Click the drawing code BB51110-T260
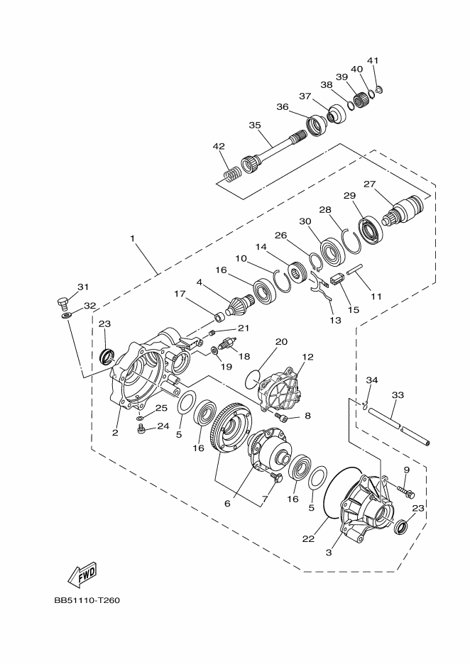(87, 600)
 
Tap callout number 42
(219, 146)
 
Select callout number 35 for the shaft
(255, 125)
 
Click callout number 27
(369, 184)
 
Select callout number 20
(281, 341)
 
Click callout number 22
(307, 539)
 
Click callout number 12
(307, 357)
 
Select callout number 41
(373, 60)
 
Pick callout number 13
(335, 320)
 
